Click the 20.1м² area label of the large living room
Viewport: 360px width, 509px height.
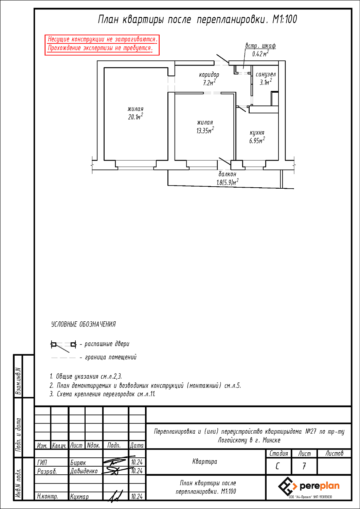(x=136, y=117)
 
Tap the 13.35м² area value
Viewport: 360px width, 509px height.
(x=205, y=130)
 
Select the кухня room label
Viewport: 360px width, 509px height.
(x=257, y=133)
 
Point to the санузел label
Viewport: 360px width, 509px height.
(x=266, y=74)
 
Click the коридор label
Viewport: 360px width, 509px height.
(x=209, y=75)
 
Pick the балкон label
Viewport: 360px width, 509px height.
(x=228, y=174)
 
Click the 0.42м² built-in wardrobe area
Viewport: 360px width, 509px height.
(x=260, y=54)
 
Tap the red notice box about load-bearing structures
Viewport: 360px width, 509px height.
(x=102, y=45)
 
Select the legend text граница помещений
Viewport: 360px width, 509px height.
(x=111, y=357)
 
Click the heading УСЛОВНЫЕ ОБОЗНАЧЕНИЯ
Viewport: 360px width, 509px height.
(x=84, y=324)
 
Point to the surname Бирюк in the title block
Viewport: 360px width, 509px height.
(x=78, y=463)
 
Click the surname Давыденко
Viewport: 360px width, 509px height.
(x=84, y=471)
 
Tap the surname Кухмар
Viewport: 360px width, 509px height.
(x=79, y=497)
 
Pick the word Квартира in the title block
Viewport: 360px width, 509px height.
(x=205, y=461)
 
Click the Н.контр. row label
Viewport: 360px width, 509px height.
(x=48, y=497)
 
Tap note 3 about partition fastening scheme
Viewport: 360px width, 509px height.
(x=103, y=394)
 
